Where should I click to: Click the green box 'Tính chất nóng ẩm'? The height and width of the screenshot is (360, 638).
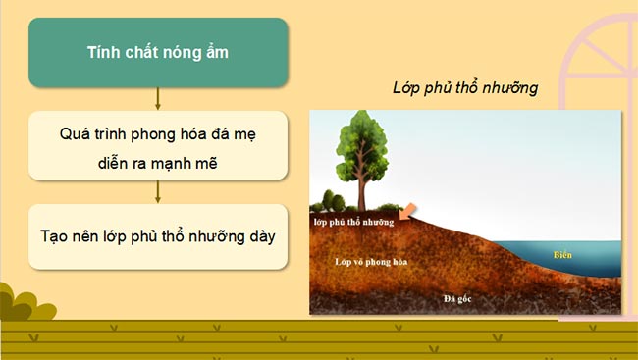coord(157,52)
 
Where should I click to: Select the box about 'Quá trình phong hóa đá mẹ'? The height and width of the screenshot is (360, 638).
coord(157,144)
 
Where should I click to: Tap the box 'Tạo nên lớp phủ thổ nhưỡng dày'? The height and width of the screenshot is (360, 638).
coord(157,236)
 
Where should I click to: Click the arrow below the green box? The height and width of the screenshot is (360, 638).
coord(157,98)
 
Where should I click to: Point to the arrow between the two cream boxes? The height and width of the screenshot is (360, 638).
coord(157,190)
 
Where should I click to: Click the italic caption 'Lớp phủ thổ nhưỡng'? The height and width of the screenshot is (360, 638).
coord(465,88)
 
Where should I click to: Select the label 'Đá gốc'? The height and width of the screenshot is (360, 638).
coord(458,297)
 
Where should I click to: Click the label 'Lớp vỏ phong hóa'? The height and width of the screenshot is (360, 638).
coord(370,263)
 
